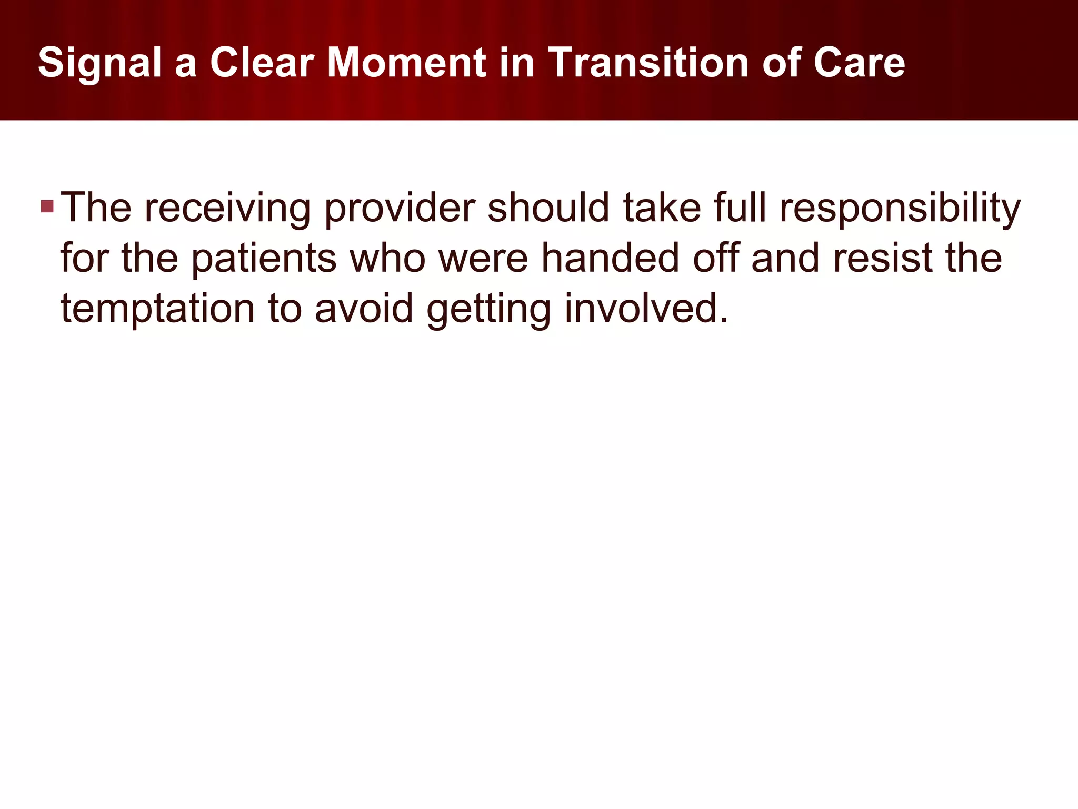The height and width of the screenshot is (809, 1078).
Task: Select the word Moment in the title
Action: [406, 63]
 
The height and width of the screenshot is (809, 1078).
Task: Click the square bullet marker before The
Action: [47, 206]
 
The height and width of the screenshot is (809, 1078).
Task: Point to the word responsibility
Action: [900, 208]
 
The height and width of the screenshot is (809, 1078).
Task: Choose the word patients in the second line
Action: [263, 258]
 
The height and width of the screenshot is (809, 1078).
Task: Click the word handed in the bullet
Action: [610, 258]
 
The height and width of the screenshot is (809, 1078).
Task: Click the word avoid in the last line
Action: [364, 308]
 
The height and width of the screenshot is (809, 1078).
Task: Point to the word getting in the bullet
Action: [489, 308]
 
